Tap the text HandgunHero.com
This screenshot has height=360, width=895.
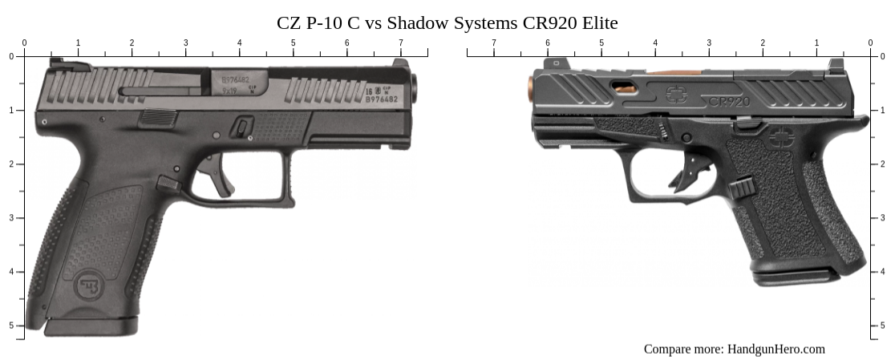pyautogui.click(x=776, y=349)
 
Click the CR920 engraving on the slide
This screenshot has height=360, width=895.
pyautogui.click(x=729, y=102)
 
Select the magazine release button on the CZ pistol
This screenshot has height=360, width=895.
pyautogui.click(x=168, y=184)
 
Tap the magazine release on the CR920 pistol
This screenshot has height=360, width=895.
pyautogui.click(x=742, y=189)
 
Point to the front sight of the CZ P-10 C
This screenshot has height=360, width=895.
pyautogui.click(x=400, y=63)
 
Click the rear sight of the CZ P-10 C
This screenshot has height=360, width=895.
pyautogui.click(x=56, y=62)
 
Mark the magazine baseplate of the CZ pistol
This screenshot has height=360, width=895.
pyautogui.click(x=90, y=326)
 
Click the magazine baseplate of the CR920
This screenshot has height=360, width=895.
pyautogui.click(x=794, y=277)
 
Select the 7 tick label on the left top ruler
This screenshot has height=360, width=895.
pyautogui.click(x=401, y=42)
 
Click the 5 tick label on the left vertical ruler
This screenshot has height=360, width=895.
pyautogui.click(x=11, y=325)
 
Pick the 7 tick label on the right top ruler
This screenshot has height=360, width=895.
pyautogui.click(x=493, y=42)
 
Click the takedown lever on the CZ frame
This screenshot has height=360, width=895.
pyautogui.click(x=242, y=127)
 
